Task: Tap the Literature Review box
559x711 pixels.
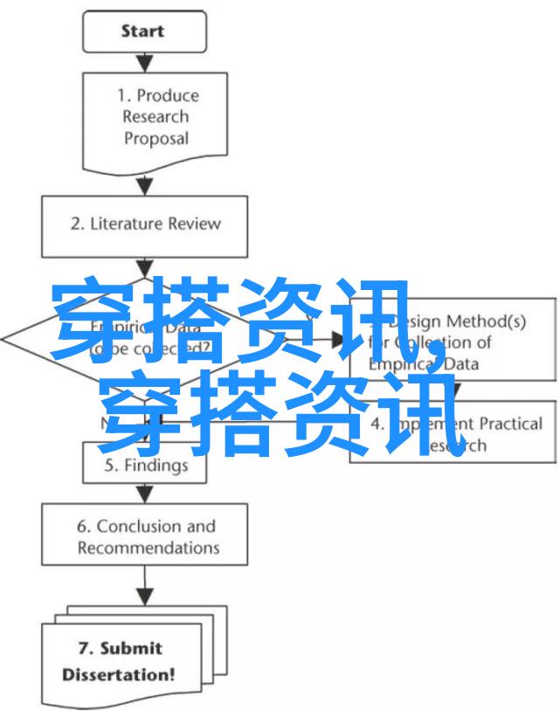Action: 145,223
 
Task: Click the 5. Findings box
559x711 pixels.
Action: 145,466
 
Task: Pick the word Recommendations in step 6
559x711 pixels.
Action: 148,549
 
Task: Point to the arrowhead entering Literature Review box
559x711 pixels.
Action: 145,186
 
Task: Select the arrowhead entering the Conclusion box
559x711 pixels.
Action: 145,496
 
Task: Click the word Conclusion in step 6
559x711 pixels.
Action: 140,527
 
